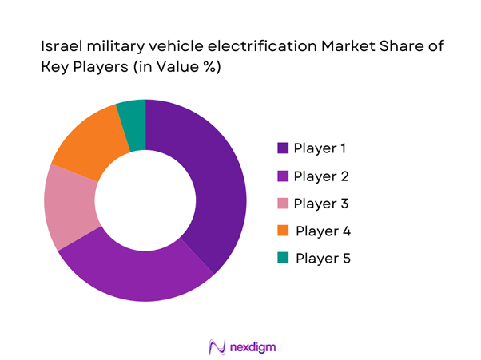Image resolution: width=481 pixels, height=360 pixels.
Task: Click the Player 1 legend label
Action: coord(320,148)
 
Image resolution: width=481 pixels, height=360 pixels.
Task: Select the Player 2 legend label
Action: coord(320,176)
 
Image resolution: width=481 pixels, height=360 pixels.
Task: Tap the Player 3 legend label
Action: coord(320,204)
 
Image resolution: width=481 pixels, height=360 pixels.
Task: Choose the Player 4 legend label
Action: coord(323,231)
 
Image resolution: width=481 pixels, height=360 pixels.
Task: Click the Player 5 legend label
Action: coord(323,259)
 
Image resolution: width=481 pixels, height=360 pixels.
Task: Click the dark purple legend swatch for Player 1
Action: coord(283,148)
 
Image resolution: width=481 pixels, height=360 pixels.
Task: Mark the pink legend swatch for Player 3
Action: coord(283,204)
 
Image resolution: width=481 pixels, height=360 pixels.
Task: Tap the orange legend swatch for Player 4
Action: coord(283,231)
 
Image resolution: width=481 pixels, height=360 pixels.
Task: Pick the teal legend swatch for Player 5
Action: coord(283,259)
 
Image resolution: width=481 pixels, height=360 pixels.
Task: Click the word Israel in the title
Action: coord(58,47)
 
